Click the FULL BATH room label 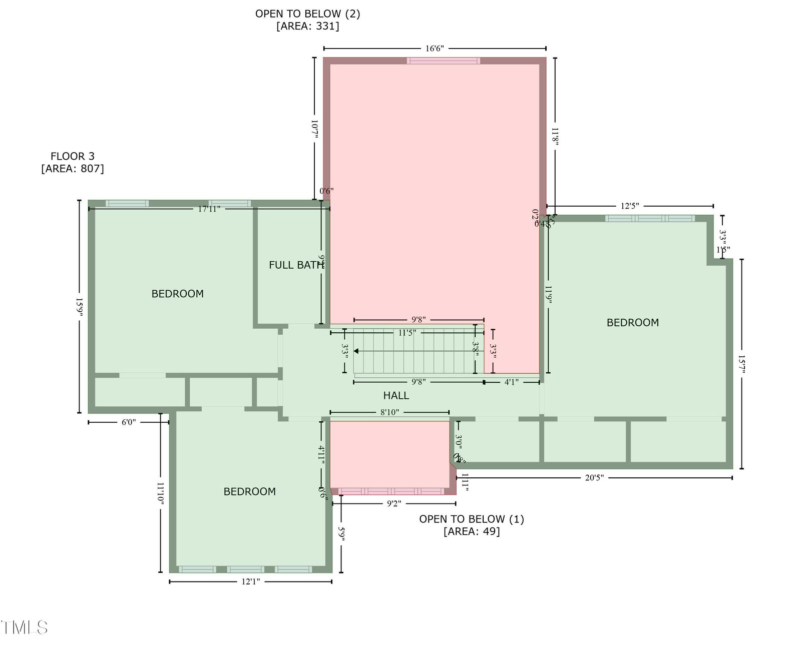tap(296, 265)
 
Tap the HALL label tap(396, 395)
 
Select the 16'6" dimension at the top tap(435, 49)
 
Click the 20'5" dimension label tap(594, 478)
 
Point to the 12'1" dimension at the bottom tap(250, 581)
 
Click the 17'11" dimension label tap(209, 209)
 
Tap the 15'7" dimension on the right tap(741, 365)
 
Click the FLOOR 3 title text tap(72, 156)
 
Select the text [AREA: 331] tap(307, 26)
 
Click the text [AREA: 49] tap(471, 531)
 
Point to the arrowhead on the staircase tap(356, 351)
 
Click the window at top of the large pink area tap(443, 61)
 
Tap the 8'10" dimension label tap(389, 412)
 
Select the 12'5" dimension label tap(630, 206)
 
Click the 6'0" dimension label tap(129, 422)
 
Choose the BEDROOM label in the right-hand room tap(632, 323)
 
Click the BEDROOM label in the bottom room tap(249, 491)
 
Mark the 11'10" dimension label tap(160, 493)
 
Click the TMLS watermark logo tap(24, 627)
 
